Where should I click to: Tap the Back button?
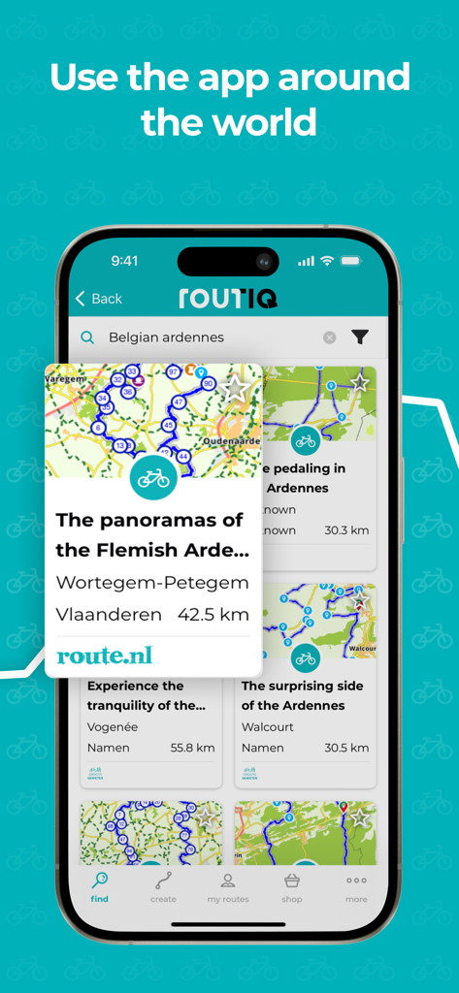click(99, 299)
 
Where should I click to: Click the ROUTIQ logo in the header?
click(228, 298)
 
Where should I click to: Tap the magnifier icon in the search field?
click(87, 337)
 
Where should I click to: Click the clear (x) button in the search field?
click(330, 337)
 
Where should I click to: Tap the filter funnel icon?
click(360, 337)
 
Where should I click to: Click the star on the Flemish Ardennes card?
click(235, 388)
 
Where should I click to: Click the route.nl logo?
click(105, 656)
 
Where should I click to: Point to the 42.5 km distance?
click(213, 614)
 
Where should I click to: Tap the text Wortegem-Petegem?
click(152, 583)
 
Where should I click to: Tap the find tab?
click(100, 886)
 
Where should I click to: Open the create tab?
click(163, 886)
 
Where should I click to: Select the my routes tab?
click(228, 886)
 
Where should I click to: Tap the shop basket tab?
click(292, 886)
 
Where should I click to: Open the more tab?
click(356, 886)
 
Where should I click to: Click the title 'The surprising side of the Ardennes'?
click(302, 695)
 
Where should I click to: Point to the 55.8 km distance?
click(192, 748)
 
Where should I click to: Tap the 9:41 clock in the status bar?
click(124, 261)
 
